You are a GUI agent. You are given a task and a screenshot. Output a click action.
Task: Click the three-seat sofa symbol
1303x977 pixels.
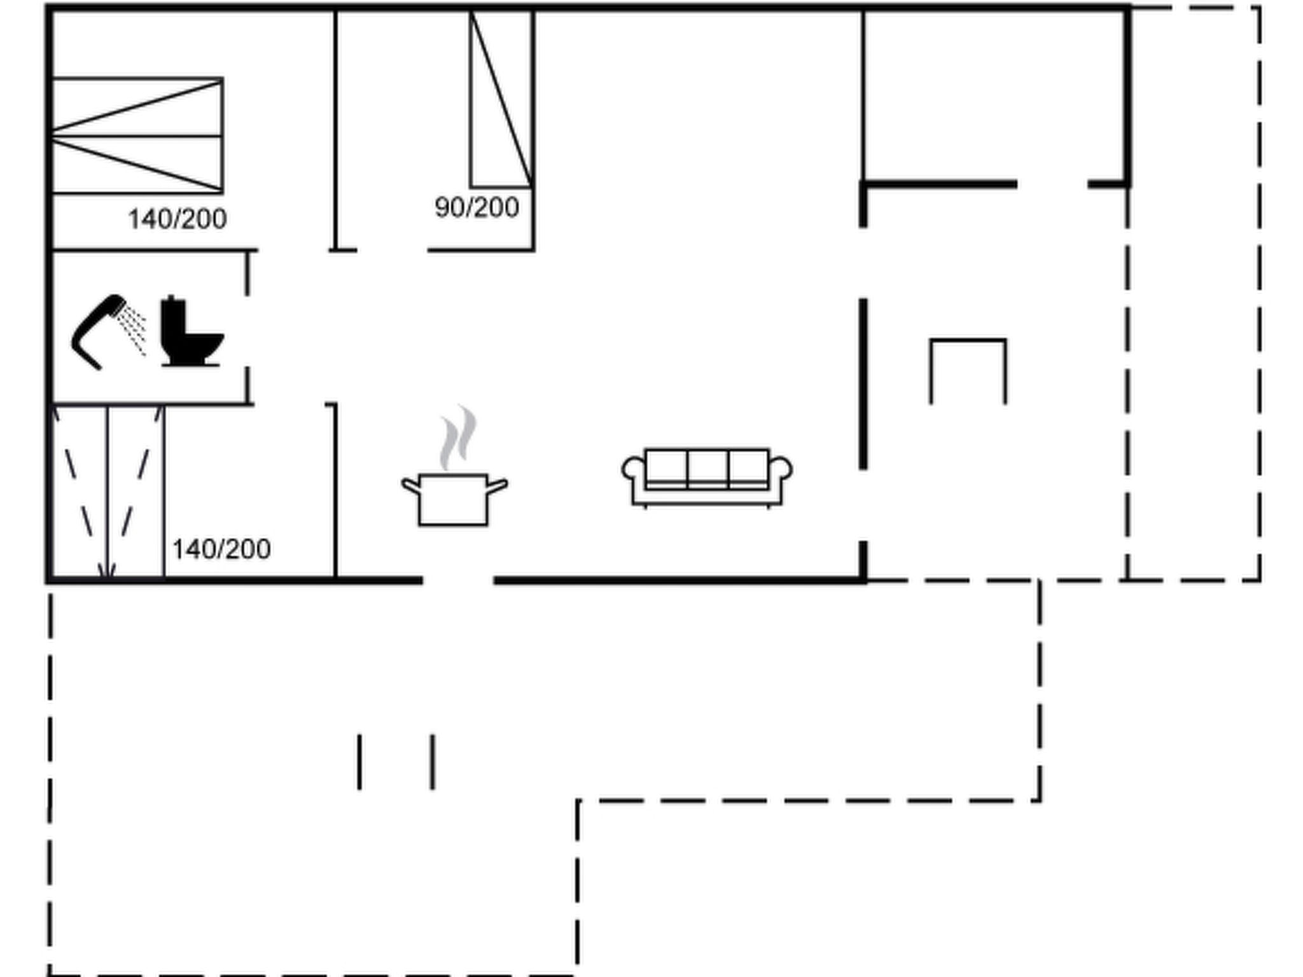point(707,478)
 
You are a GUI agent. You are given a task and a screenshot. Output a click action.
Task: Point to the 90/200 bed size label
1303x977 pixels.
point(477,207)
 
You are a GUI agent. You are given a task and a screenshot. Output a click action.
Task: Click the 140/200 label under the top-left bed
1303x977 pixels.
point(178,219)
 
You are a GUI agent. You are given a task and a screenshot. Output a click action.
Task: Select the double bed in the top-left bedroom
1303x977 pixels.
point(137,135)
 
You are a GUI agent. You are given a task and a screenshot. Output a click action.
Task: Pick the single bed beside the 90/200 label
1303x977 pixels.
point(501,99)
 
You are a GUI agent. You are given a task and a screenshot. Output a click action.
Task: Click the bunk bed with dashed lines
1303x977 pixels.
point(108,492)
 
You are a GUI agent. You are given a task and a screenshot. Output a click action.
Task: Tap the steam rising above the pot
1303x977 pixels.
point(457,437)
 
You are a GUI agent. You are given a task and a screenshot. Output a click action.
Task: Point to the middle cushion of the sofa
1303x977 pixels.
point(707,468)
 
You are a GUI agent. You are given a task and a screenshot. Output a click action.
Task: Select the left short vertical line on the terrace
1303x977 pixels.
point(359,762)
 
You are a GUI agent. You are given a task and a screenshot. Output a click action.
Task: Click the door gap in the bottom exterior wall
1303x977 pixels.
point(458,580)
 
